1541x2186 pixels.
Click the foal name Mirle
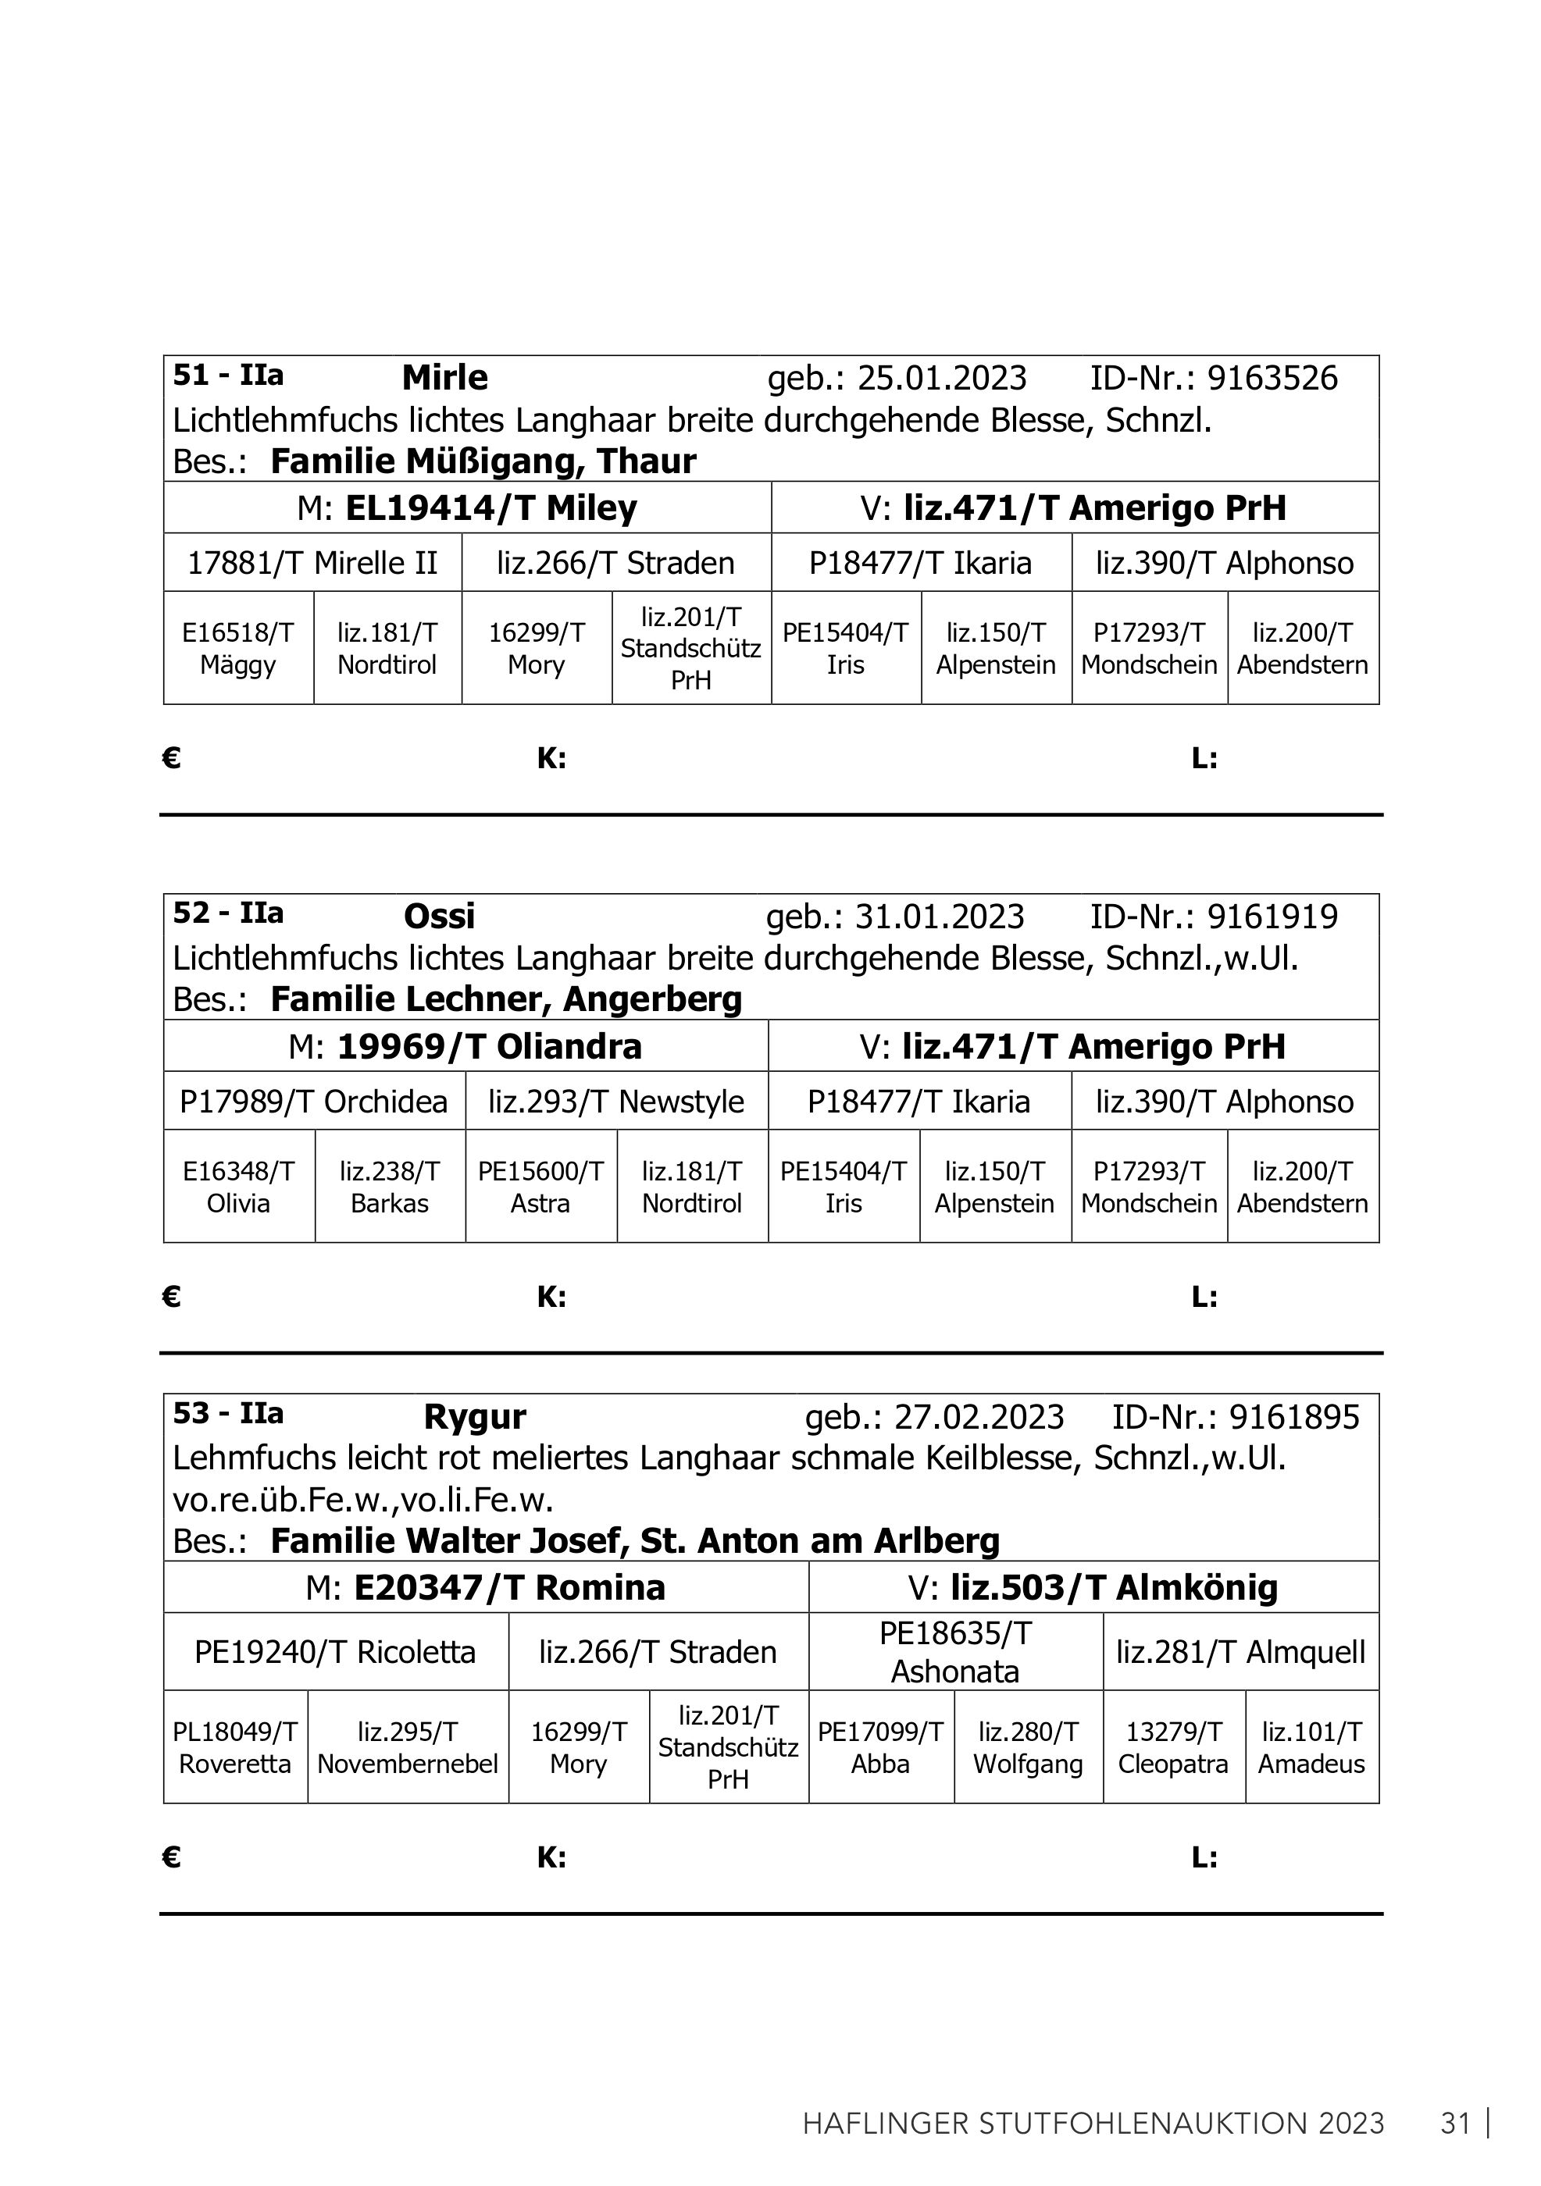444,378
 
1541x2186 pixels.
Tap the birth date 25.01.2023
942,378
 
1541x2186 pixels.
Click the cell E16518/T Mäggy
238,648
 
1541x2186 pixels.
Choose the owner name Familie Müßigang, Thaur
483,461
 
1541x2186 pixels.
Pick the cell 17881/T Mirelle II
312,563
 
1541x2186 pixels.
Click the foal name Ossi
439,916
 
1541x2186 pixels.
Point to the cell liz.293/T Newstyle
616,1102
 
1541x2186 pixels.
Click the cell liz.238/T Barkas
390,1187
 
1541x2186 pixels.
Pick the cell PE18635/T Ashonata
955,1652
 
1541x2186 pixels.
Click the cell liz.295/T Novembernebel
408,1748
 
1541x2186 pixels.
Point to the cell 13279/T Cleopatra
1173,1748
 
